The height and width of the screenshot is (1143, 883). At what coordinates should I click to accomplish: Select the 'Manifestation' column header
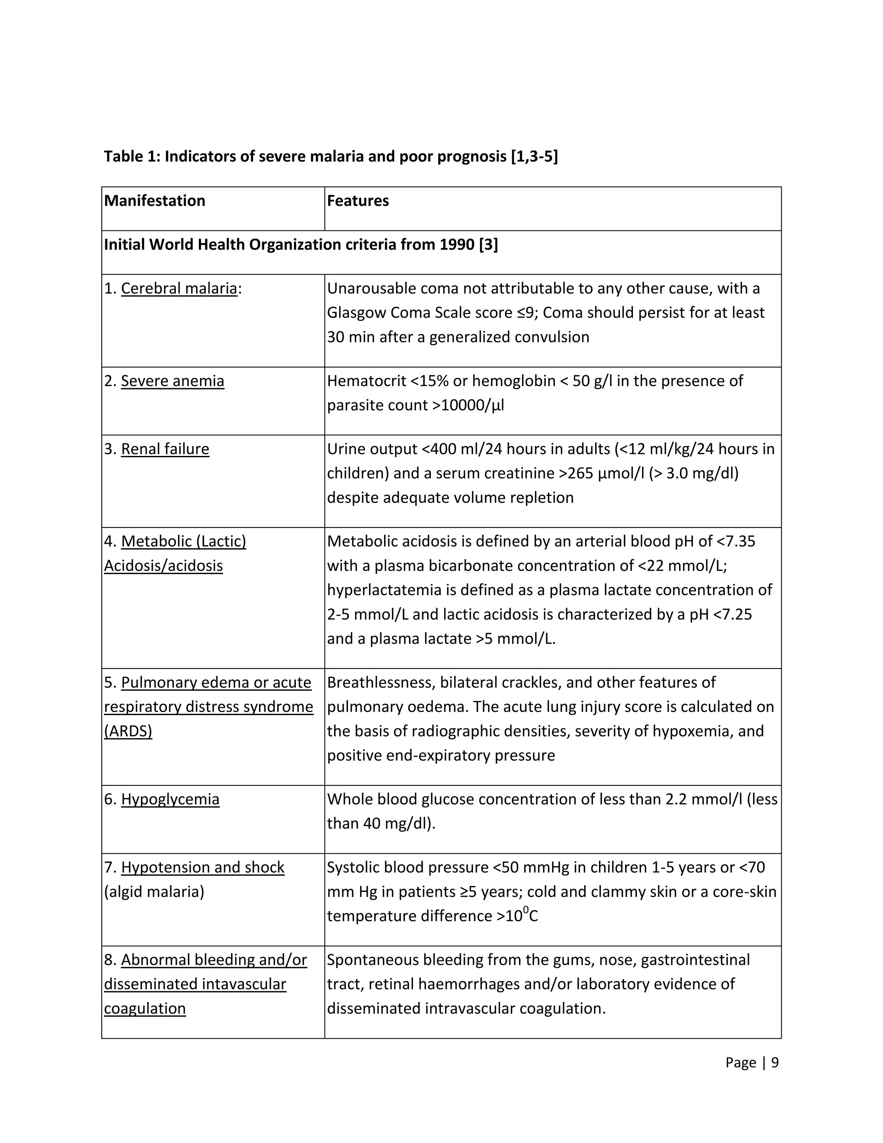coord(155,201)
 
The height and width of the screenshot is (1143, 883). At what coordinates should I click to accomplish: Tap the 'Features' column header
coord(358,201)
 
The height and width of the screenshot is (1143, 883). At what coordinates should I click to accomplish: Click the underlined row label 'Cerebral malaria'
coord(179,289)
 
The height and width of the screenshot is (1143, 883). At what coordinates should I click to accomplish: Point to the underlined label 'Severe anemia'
coord(172,381)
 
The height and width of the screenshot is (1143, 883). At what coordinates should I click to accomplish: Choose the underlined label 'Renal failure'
coord(165,449)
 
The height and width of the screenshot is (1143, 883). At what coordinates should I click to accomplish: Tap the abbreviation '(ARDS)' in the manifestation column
coord(128,731)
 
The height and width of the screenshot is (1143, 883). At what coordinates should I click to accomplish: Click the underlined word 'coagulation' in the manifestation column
coord(145,1008)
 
